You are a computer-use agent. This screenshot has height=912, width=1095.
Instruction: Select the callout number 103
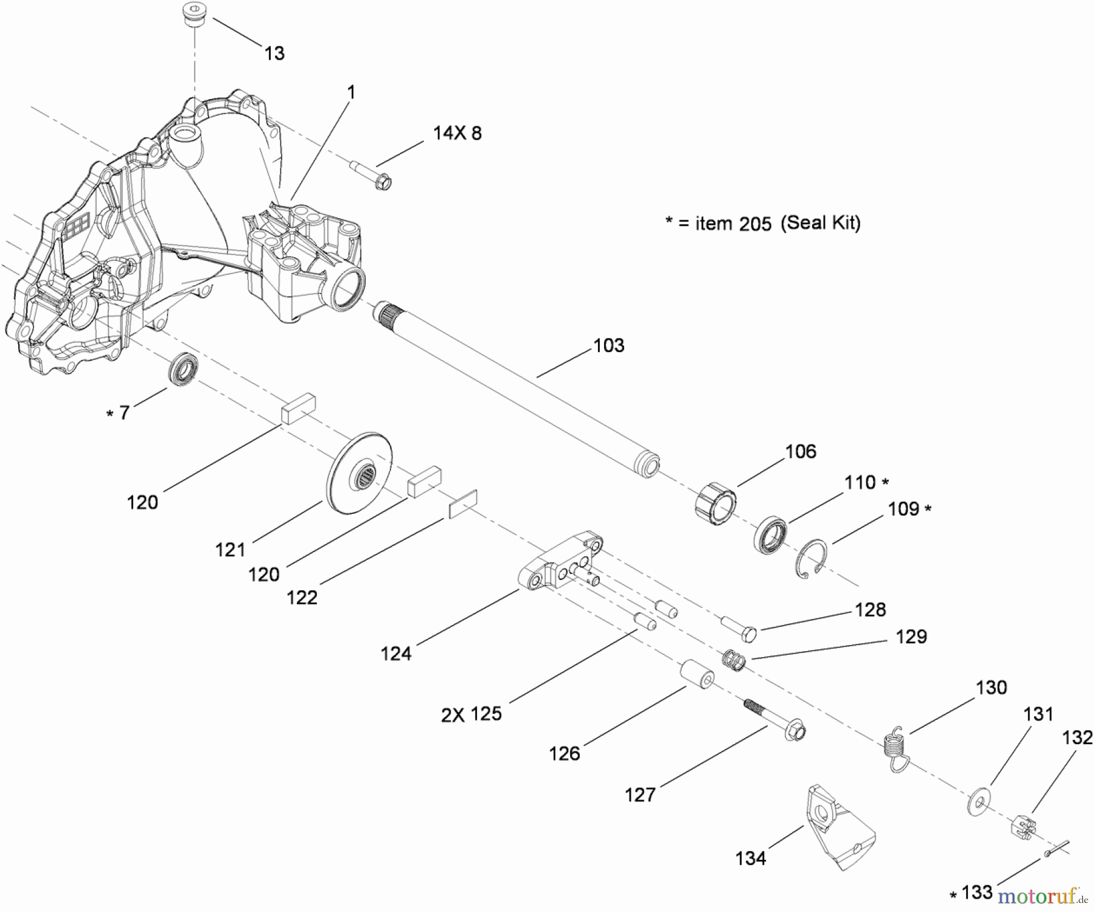pos(608,345)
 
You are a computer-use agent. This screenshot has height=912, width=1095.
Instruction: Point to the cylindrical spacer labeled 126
pos(697,674)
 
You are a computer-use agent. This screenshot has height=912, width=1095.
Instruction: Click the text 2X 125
pos(471,714)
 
